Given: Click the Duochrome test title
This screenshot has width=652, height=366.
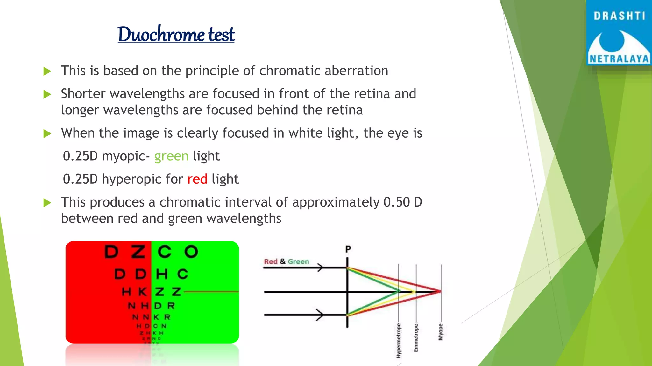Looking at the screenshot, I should (x=176, y=34).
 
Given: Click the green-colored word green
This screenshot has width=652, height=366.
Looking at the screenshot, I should (x=171, y=156).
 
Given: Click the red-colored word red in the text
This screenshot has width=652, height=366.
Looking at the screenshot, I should (x=197, y=179).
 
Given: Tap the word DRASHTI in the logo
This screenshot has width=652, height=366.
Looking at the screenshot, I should (x=619, y=16).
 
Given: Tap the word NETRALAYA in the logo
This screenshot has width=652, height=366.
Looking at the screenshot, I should (x=619, y=59).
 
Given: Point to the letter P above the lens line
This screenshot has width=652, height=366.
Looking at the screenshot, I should (x=348, y=249).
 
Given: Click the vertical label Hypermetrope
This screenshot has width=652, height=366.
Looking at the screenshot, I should (x=399, y=340).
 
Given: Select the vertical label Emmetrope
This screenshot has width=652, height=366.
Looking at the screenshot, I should (x=416, y=338).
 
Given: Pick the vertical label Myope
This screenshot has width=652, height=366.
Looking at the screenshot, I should (x=441, y=332).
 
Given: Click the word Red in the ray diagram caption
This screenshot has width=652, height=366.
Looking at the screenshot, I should (x=271, y=261).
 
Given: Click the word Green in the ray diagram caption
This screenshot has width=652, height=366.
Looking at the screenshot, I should (x=298, y=261).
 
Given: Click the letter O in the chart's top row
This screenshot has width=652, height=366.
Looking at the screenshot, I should (x=191, y=252).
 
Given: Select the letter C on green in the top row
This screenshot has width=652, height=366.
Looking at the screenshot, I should (x=165, y=252).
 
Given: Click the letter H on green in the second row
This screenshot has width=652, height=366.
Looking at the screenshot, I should (x=162, y=274).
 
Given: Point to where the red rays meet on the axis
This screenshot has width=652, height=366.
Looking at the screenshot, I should (x=441, y=291).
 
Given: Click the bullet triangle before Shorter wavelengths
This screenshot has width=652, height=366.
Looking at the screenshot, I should (x=47, y=94).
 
